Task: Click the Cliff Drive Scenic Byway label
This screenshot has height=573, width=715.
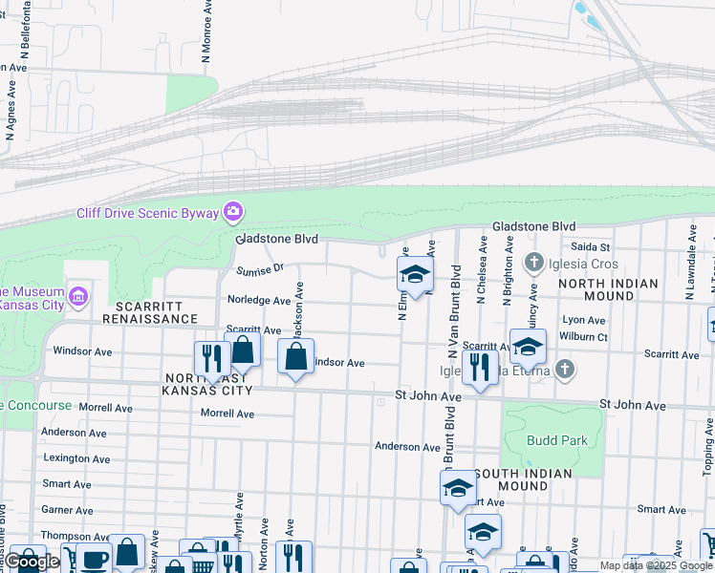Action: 148,212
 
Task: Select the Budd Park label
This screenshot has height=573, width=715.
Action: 557,440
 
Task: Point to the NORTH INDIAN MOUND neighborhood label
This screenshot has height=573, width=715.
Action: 608,289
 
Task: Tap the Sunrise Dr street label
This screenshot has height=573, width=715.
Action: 260,270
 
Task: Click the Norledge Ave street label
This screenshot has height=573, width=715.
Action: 258,300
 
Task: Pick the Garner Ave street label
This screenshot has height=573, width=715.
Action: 67,510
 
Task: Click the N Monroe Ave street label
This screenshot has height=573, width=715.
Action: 206,32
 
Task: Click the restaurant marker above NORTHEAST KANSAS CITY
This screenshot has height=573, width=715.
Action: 211,358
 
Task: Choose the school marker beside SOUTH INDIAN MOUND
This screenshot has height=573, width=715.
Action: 458,488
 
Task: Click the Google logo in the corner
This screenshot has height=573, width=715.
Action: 32,562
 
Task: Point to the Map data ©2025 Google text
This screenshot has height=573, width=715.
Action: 656,565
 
